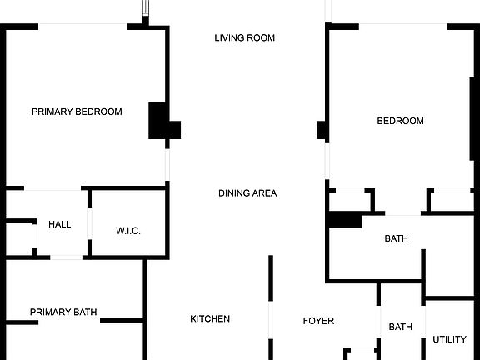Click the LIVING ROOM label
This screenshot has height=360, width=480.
click(245, 38)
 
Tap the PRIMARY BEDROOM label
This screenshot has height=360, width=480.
click(77, 112)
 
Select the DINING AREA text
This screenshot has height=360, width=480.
click(247, 193)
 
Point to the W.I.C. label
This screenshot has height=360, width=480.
click(128, 231)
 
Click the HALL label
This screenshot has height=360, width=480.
click(60, 224)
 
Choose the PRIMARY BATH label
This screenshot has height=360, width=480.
click(63, 312)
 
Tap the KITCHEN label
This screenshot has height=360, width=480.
click(210, 318)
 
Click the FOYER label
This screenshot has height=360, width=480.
click(318, 321)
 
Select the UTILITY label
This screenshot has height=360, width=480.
click(449, 339)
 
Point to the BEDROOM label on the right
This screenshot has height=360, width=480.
click(400, 121)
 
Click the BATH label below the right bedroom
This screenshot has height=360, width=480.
click(396, 238)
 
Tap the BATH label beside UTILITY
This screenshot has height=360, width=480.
click(400, 327)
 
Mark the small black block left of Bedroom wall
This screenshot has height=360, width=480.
click(322, 130)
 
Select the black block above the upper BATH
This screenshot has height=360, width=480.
click(345, 219)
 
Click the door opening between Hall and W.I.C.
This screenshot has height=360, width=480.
click(89, 223)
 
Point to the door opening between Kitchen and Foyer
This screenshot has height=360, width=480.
click(271, 320)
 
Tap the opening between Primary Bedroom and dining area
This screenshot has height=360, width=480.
click(167, 165)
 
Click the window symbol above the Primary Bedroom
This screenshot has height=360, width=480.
click(146, 8)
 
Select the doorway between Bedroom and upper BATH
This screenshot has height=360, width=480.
click(402, 214)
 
